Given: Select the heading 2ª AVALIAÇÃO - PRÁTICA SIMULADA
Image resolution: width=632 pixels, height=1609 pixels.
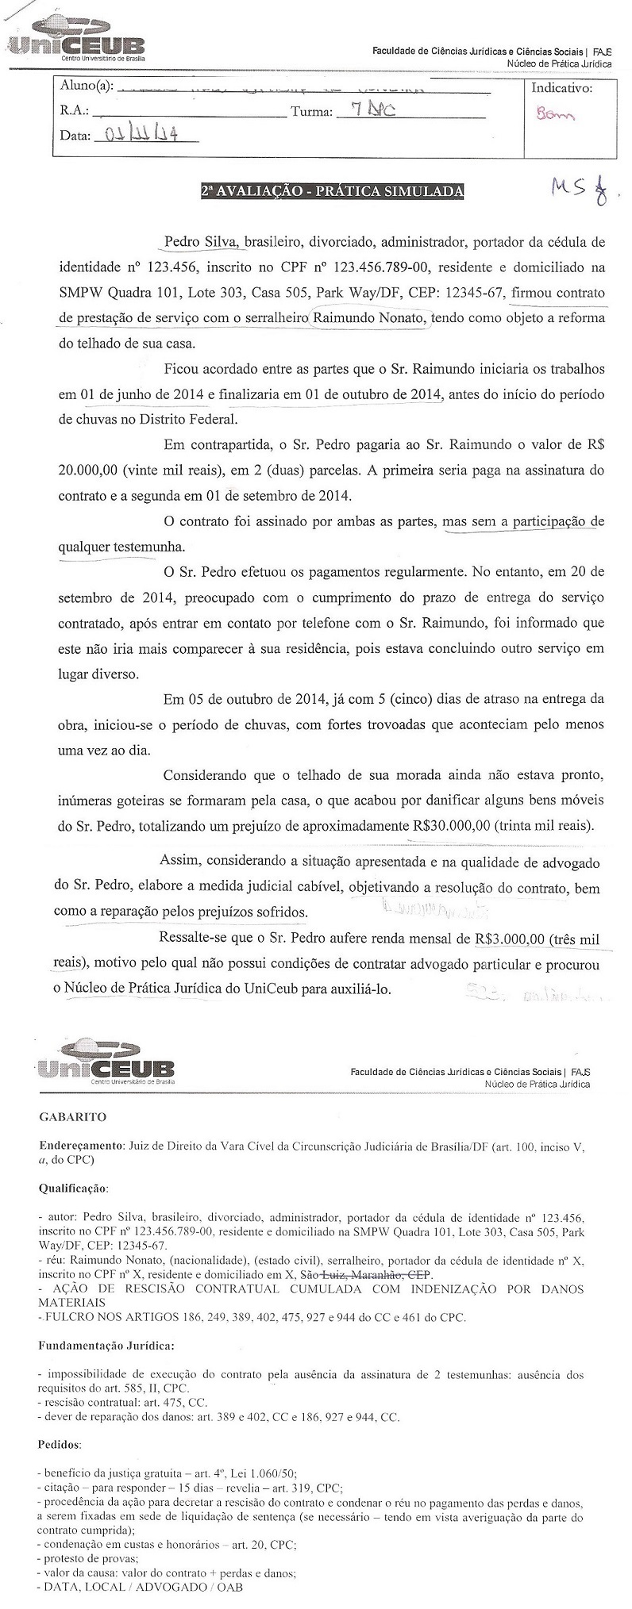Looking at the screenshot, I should (331, 191).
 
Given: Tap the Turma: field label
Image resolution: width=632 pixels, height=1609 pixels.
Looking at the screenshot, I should (311, 112).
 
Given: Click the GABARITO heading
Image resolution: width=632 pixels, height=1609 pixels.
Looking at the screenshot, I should (72, 1117).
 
